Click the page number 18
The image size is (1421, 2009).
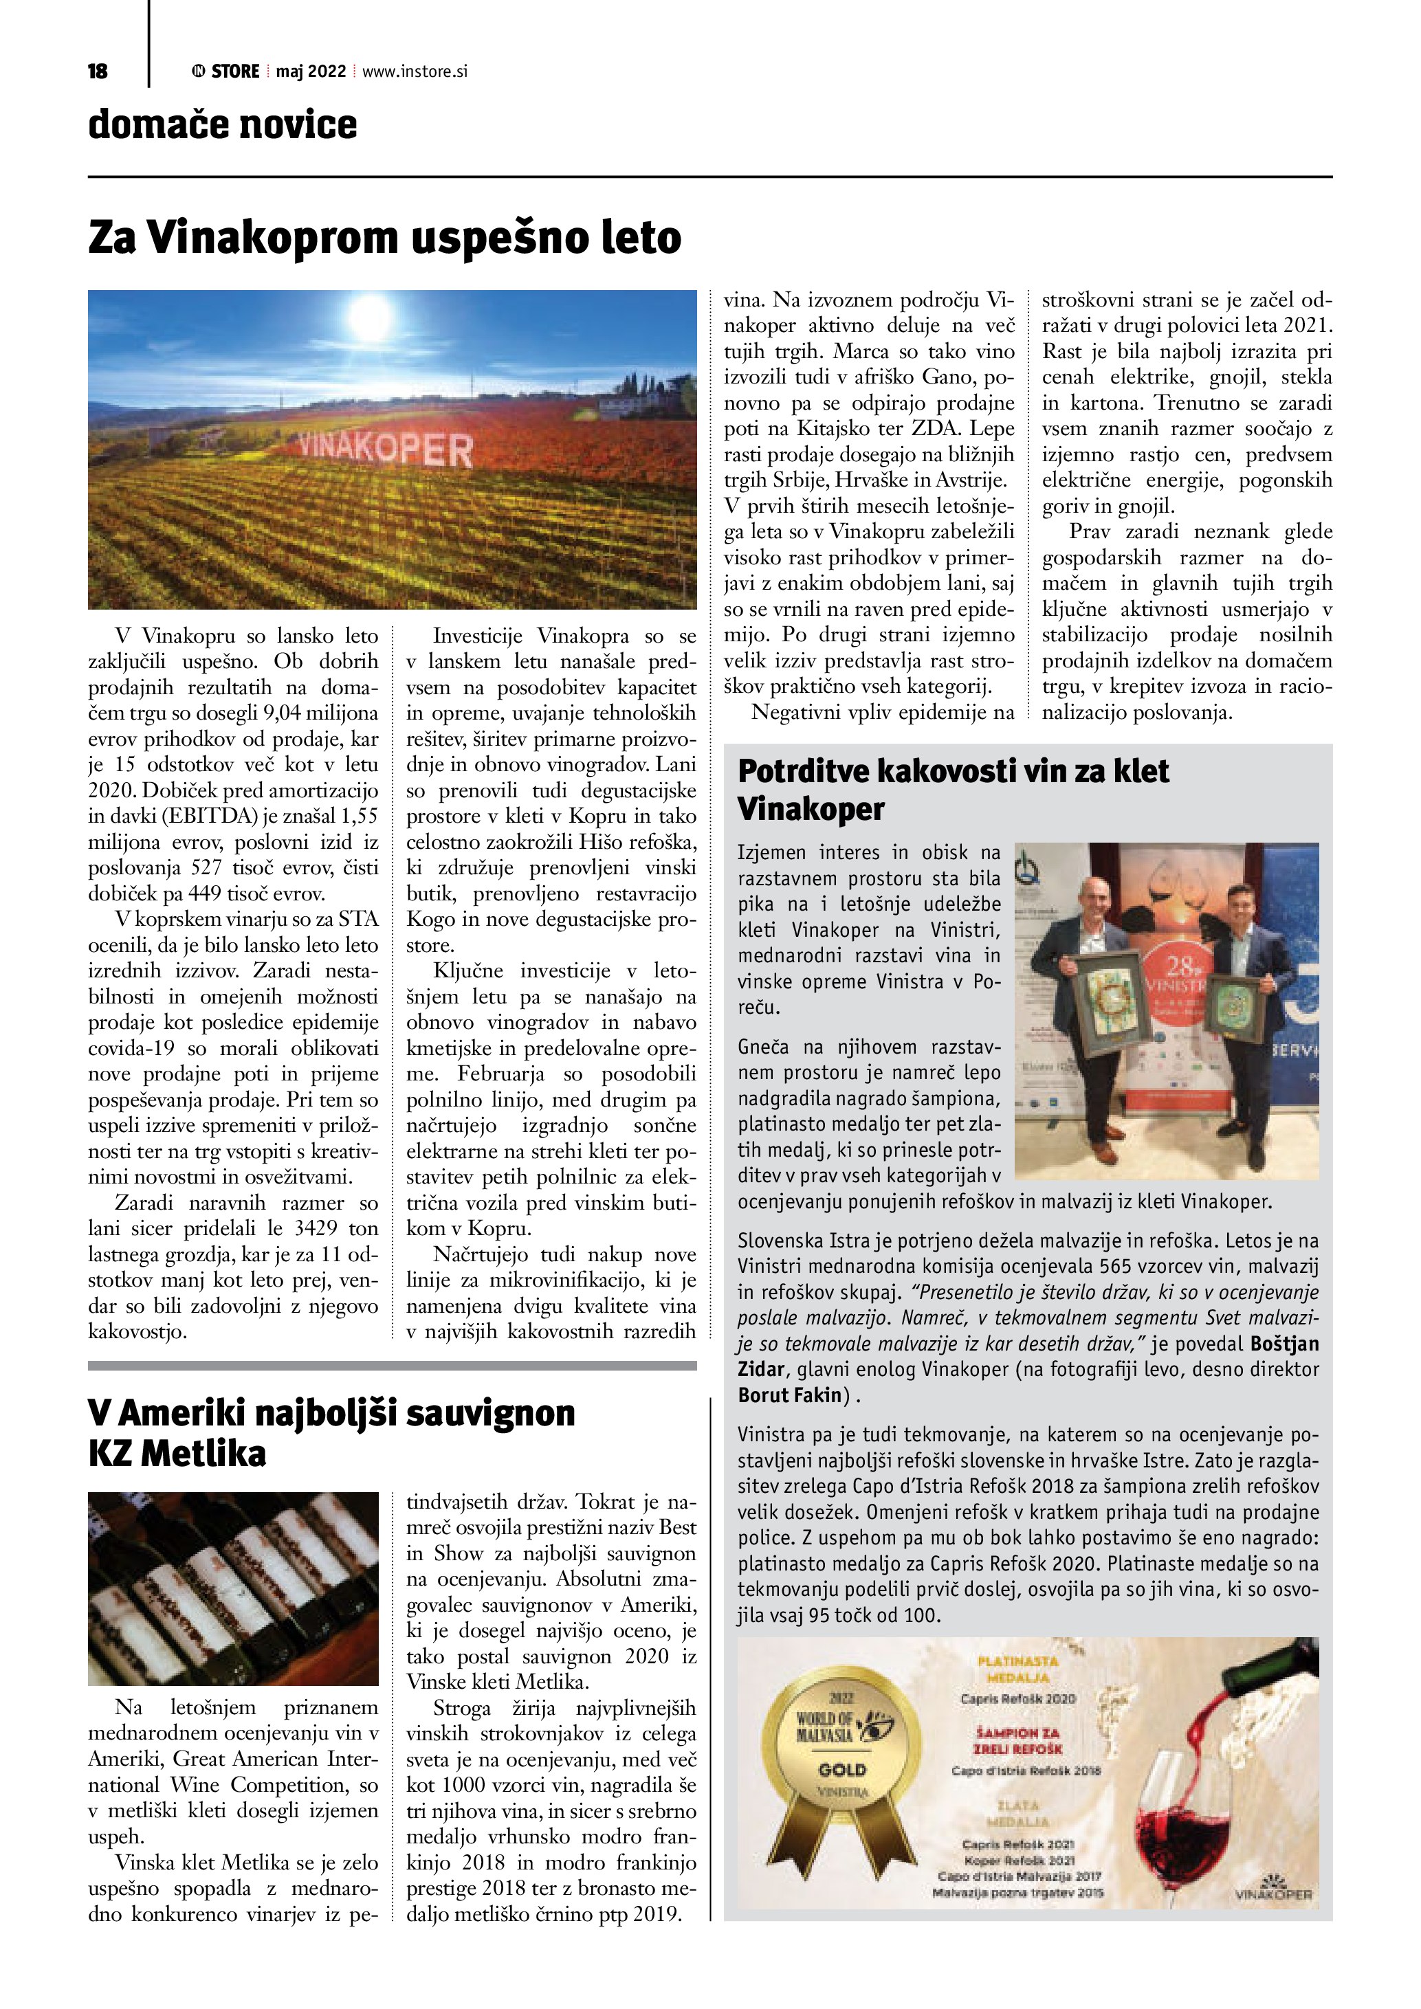pyautogui.click(x=98, y=71)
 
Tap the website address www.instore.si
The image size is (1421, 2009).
pyautogui.click(x=415, y=71)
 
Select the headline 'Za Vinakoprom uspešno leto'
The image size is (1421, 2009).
pyautogui.click(x=385, y=237)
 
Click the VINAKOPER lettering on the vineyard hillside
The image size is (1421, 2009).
pyautogui.click(x=385, y=448)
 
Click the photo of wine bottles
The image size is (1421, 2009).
pyautogui.click(x=233, y=1588)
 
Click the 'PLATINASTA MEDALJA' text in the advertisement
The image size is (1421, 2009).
pyautogui.click(x=1017, y=1669)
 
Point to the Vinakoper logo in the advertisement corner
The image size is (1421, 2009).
pyautogui.click(x=1273, y=1890)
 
